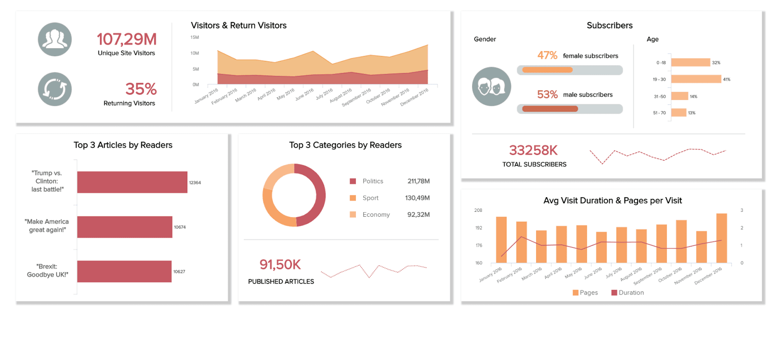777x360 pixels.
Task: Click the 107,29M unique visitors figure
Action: (126, 39)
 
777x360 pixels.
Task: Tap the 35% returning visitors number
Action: (141, 89)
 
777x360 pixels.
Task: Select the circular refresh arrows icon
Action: (55, 89)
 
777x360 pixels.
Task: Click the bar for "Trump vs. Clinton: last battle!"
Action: (132, 182)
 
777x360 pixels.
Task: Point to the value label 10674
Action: (180, 227)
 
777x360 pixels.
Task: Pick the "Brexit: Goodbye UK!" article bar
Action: (124, 272)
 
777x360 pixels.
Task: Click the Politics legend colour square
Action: (353, 181)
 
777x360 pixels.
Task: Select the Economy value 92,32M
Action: (418, 215)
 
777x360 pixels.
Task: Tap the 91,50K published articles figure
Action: (280, 265)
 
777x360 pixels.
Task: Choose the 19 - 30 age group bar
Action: (696, 79)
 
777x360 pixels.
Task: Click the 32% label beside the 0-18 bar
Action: (716, 63)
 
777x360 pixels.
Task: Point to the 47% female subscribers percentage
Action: (547, 56)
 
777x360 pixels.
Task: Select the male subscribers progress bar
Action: (570, 109)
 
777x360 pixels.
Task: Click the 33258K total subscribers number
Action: (533, 151)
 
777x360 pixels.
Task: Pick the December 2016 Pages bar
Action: (722, 238)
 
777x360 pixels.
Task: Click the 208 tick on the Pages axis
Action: (478, 210)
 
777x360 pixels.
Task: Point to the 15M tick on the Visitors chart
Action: (195, 37)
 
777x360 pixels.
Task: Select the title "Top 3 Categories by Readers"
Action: (345, 145)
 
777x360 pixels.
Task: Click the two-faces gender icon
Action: (491, 86)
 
